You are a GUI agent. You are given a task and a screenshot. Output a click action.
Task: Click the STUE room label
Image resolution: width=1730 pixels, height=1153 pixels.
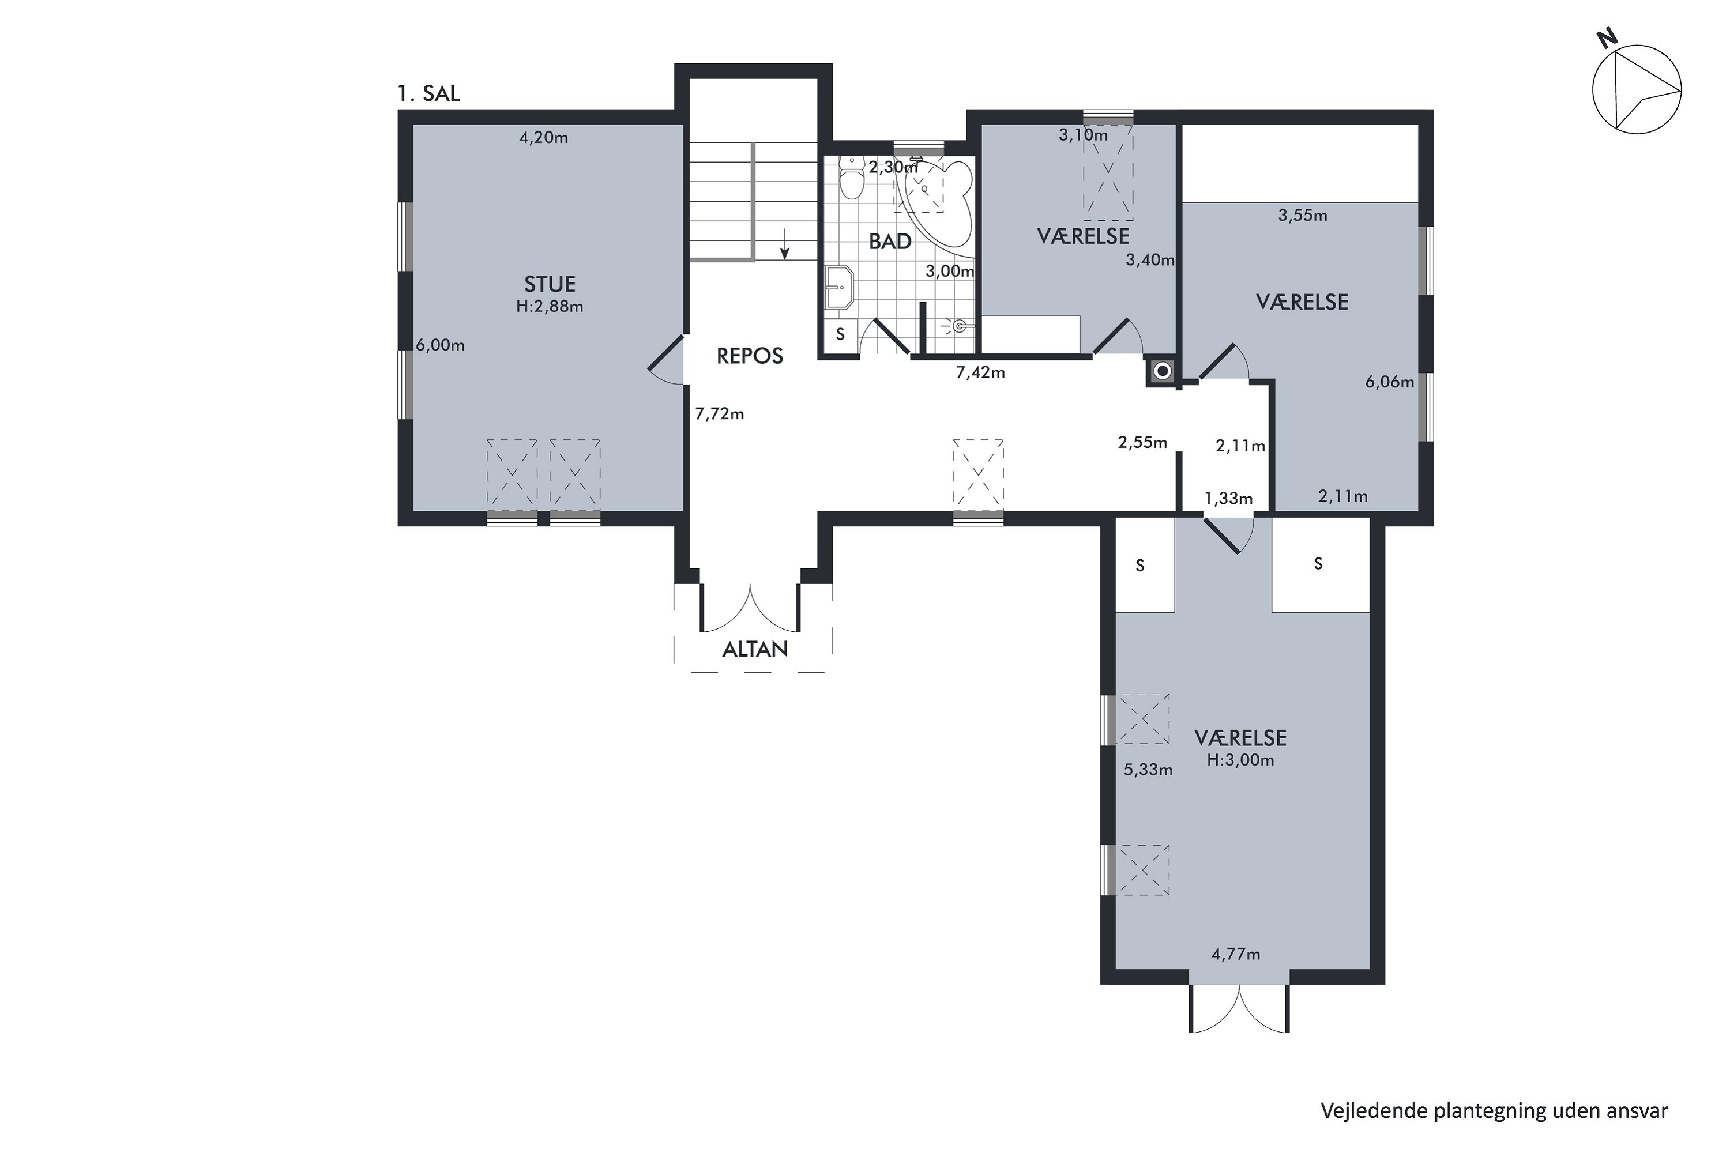[550, 284]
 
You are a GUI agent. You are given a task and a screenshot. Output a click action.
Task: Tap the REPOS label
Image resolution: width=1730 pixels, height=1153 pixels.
[750, 356]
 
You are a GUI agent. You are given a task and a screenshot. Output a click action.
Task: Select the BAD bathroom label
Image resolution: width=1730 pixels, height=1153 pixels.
[890, 241]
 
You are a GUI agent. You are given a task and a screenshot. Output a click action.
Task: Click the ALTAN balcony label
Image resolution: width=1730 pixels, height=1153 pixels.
[755, 649]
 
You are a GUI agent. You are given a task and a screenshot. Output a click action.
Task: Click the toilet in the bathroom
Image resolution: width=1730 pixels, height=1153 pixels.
[851, 177]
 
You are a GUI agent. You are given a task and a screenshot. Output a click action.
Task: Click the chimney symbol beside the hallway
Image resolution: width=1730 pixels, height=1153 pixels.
[1162, 371]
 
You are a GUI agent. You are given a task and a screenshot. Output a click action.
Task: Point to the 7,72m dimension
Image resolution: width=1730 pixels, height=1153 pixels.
[719, 414]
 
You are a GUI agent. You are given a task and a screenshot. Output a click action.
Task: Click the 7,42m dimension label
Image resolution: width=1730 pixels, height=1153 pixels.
[980, 373]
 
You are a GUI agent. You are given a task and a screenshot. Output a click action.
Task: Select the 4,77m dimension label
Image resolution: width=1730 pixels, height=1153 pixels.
[1236, 955]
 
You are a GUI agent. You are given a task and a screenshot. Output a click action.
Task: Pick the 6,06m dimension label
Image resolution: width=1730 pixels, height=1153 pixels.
[1389, 382]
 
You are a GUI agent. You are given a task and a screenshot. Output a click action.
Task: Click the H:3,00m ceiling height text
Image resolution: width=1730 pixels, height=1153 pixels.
[1240, 760]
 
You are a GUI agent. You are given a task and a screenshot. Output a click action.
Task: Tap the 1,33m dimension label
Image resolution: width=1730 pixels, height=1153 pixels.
[1228, 499]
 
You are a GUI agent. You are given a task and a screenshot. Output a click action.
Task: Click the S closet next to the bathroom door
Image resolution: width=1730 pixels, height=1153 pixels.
[840, 334]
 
